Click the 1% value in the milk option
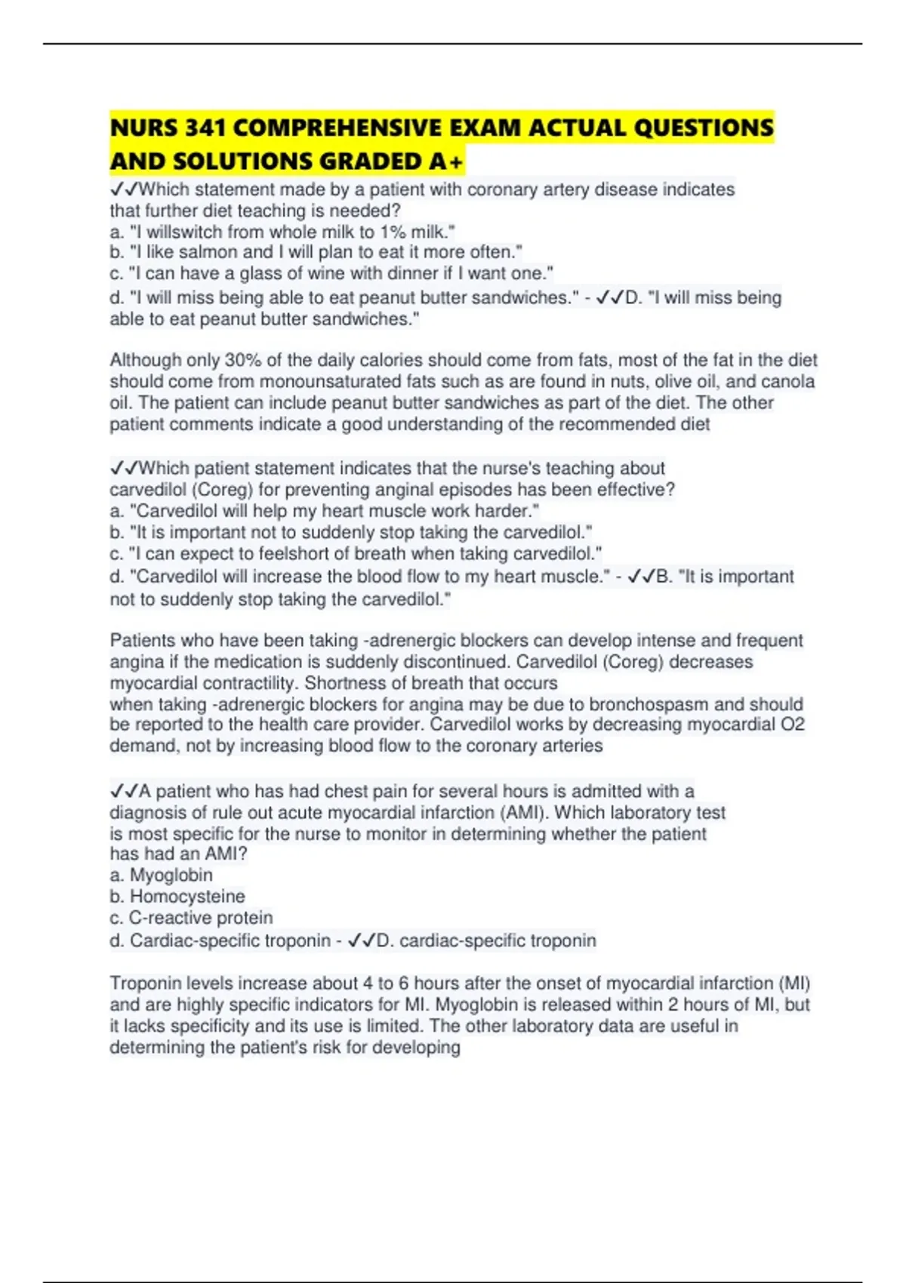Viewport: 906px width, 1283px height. (x=393, y=232)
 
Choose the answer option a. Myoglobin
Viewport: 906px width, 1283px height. (x=162, y=875)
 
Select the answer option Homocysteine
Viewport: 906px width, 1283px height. (x=187, y=897)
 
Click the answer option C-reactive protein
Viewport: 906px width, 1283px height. (x=201, y=918)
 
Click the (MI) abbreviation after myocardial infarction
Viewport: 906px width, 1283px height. (x=794, y=983)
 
